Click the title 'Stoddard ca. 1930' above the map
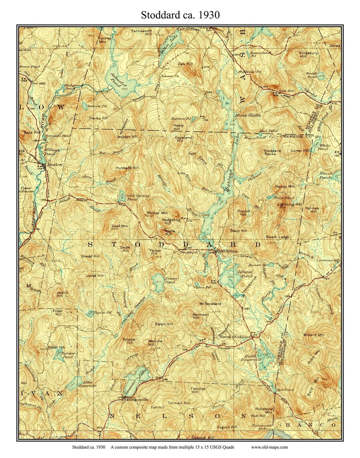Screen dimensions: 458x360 (x=180, y=15)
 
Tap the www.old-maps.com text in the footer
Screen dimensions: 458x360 (x=269, y=447)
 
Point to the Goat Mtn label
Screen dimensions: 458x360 (x=120, y=226)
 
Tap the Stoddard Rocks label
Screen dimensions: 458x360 (x=272, y=152)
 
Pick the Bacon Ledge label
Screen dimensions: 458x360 (x=277, y=237)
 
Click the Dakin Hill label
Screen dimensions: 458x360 (x=164, y=324)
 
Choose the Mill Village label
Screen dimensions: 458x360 (x=228, y=251)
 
